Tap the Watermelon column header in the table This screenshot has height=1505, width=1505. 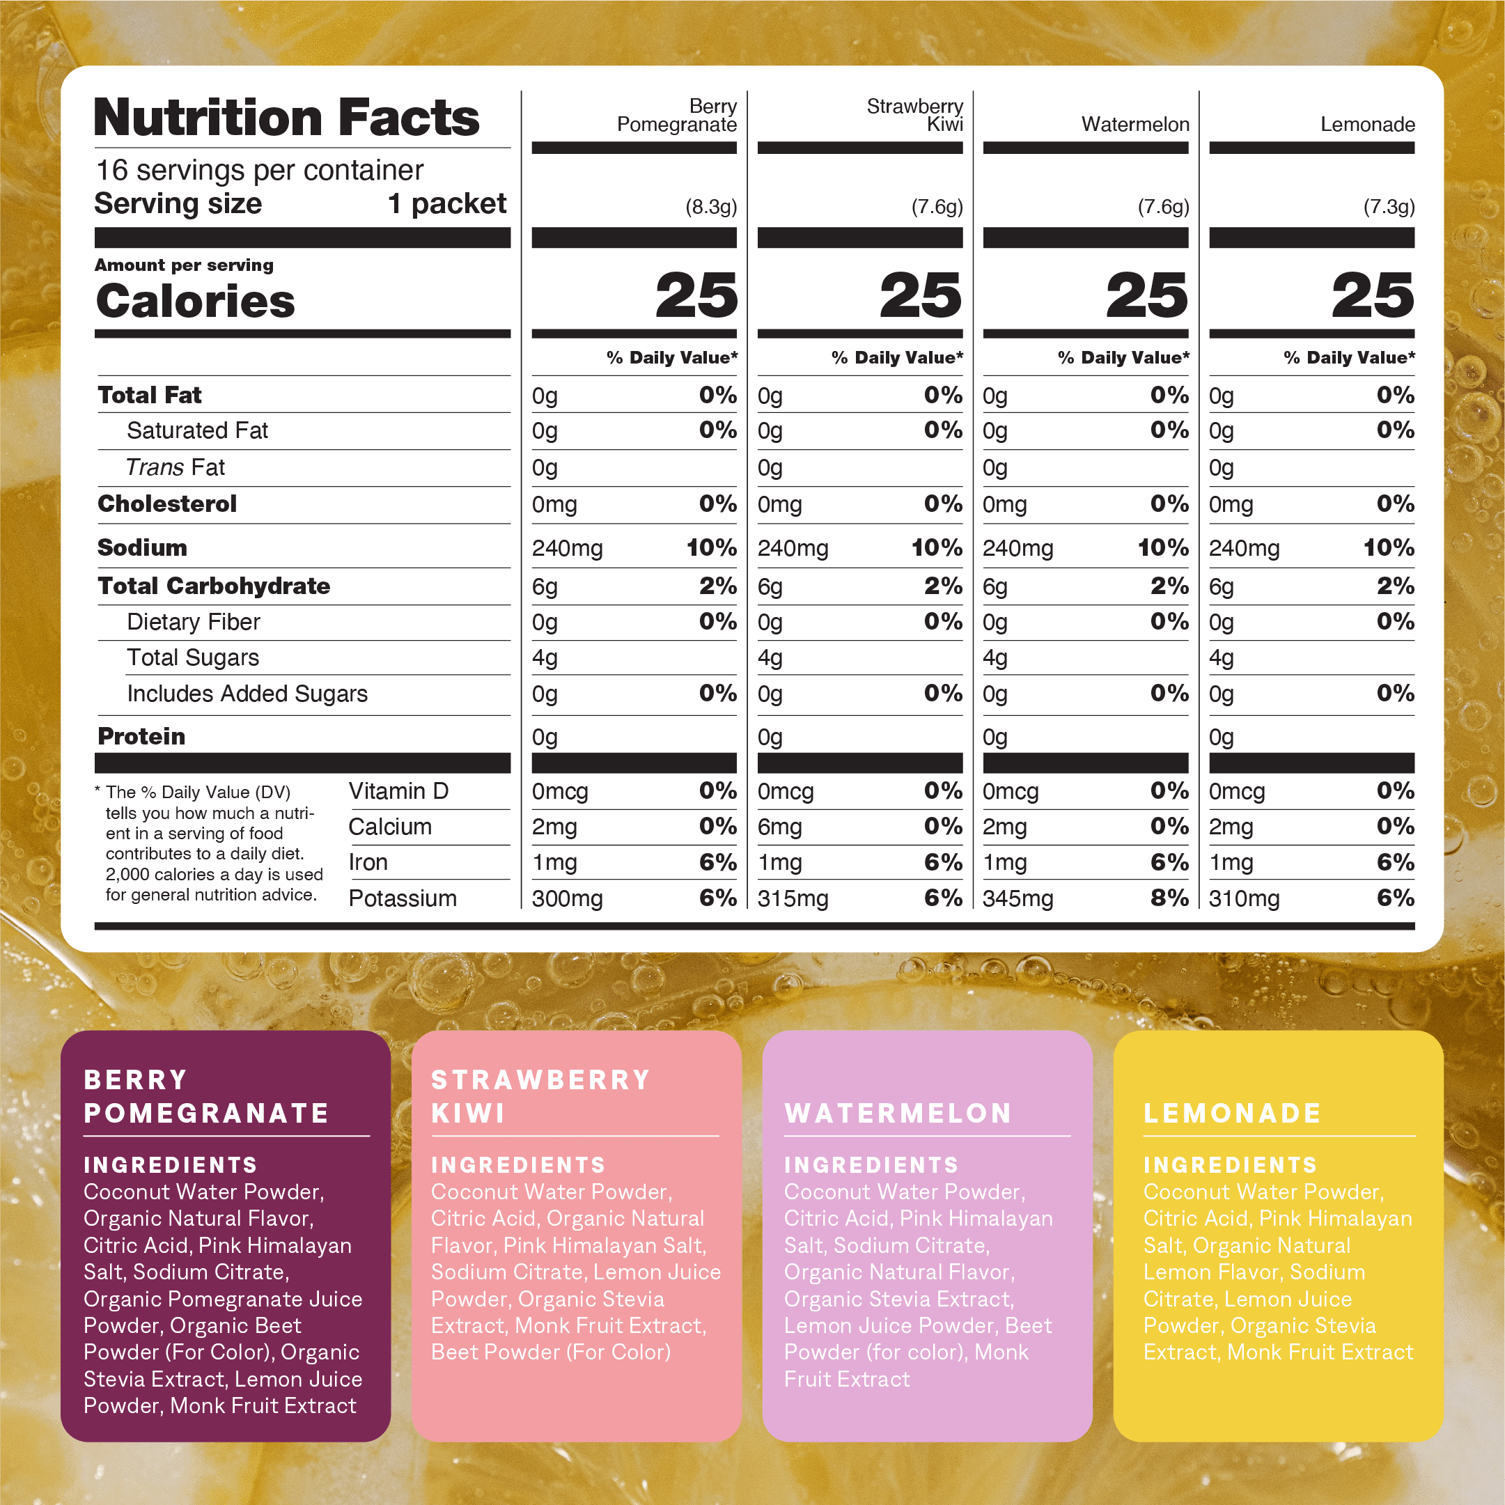point(1135,124)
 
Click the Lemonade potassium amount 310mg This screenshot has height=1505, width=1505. point(1243,898)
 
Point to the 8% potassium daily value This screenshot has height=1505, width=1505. point(1169,898)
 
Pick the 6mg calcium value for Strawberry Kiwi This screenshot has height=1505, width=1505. point(786,827)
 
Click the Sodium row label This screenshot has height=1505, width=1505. point(142,547)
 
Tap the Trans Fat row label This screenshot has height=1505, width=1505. point(176,467)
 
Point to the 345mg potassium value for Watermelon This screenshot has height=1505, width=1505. point(1017,898)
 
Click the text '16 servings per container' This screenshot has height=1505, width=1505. point(259,170)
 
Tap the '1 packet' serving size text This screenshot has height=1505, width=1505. point(447,203)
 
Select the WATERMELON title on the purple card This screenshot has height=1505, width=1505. point(898,1113)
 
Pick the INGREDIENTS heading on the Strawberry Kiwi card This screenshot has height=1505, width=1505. point(518,1164)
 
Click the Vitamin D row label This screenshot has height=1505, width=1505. point(398,790)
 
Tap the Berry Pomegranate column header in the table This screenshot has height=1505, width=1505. point(677,116)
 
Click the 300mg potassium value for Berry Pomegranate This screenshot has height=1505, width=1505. point(567,898)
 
